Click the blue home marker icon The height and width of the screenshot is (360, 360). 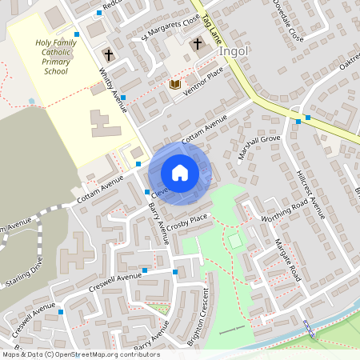point(180,172)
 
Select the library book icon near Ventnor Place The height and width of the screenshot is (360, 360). point(175,84)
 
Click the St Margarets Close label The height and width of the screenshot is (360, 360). point(170,31)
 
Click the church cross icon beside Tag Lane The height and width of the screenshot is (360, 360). point(197,46)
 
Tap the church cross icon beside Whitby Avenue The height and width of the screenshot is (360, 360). point(108,55)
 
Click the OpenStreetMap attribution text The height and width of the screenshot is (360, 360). point(80,354)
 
